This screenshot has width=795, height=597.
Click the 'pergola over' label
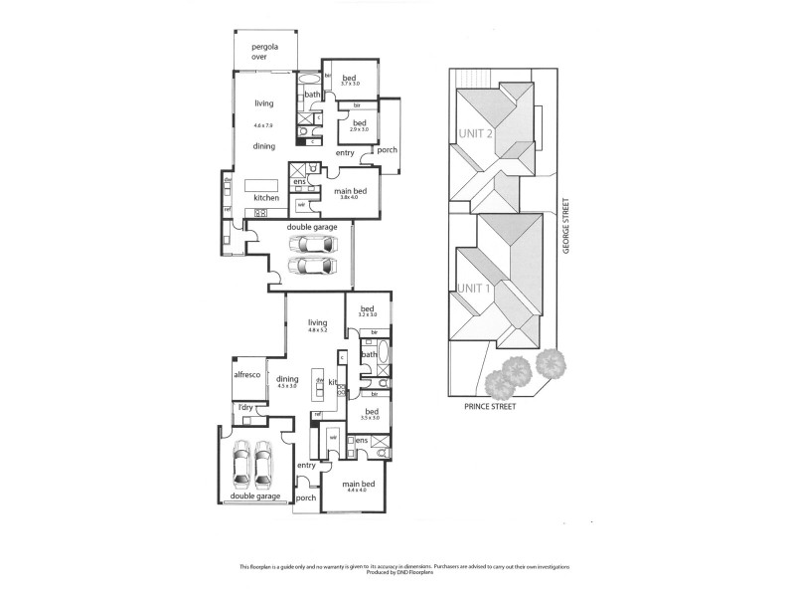tap(263, 52)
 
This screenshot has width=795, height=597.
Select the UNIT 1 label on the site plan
tap(475, 288)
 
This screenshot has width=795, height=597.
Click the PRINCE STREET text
tap(490, 407)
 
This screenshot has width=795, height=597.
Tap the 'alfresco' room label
tap(246, 375)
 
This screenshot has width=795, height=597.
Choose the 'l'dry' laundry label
tap(241, 408)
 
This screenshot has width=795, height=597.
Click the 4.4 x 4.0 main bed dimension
tap(357, 491)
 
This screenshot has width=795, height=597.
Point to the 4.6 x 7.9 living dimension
tap(263, 125)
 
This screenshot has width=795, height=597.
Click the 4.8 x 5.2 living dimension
tap(318, 330)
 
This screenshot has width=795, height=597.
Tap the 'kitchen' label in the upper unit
tap(265, 198)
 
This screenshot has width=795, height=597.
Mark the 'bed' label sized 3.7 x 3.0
tap(349, 85)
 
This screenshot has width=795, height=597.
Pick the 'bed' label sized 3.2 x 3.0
tap(368, 314)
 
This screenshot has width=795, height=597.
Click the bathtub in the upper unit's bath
tap(309, 79)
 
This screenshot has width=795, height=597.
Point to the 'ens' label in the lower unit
tap(362, 439)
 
